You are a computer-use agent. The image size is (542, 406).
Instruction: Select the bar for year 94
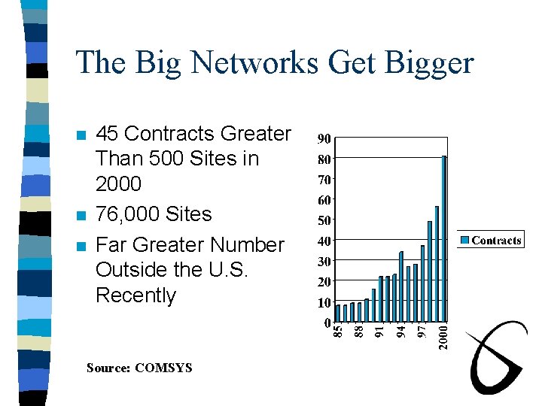pos(402,286)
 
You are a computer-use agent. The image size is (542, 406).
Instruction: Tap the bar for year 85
pos(338,312)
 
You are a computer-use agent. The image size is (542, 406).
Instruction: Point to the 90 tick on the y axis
pos(324,139)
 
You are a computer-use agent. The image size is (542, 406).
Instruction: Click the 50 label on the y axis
pos(324,221)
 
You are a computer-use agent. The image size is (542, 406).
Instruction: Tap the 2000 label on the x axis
pos(444,335)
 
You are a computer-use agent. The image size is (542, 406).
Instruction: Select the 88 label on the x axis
pos(360,330)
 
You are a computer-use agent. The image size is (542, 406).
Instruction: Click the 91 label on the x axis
pos(381,330)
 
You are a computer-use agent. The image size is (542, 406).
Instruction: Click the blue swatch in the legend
pos(465,241)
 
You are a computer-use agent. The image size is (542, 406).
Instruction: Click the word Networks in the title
pos(255,62)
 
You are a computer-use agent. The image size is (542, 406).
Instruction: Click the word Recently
pos(135,295)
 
